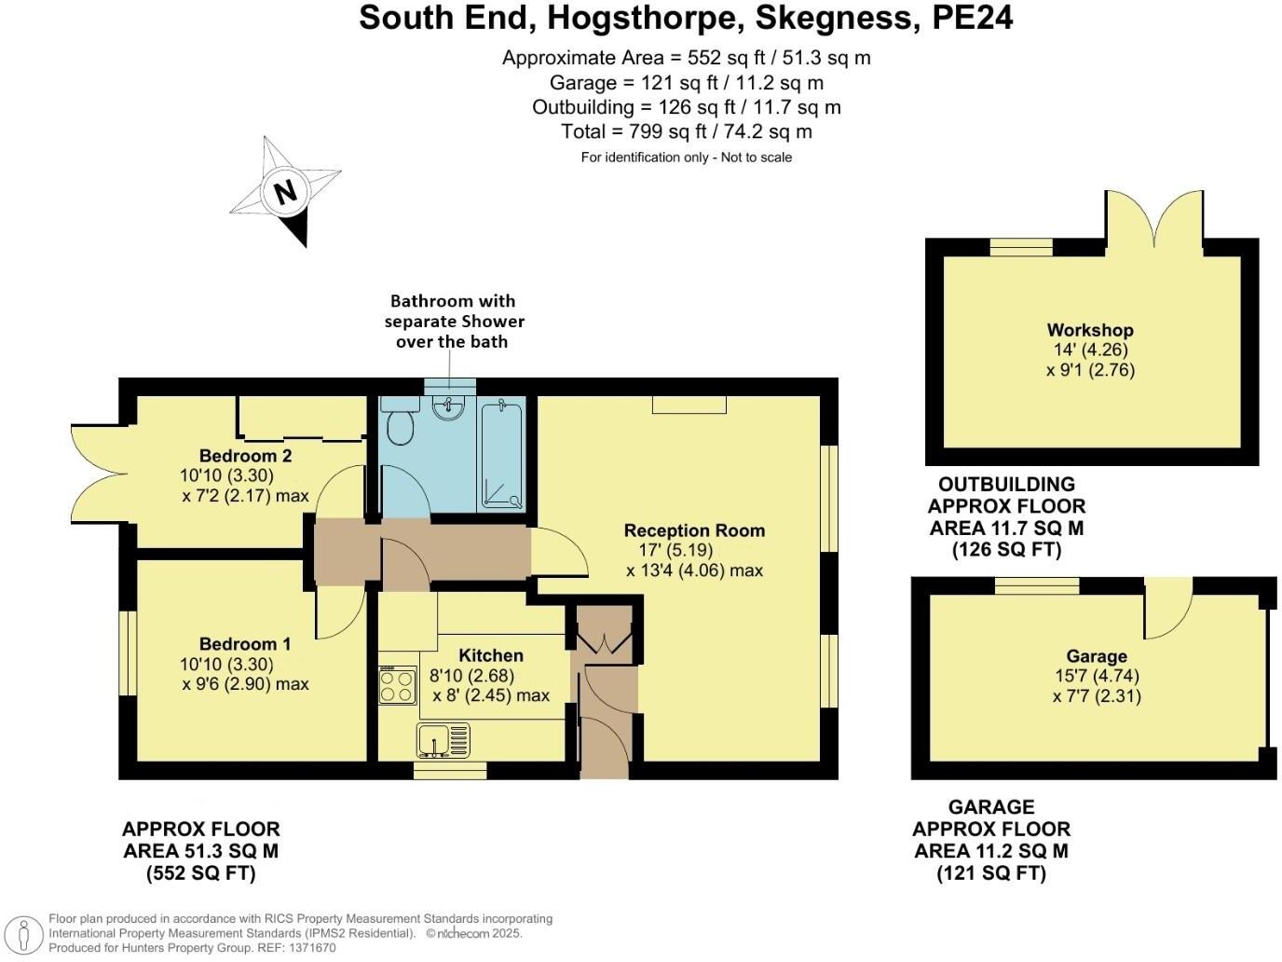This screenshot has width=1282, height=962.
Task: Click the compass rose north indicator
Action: point(285,191)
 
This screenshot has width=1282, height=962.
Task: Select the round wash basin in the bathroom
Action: point(450,407)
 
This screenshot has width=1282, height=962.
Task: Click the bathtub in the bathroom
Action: point(502,454)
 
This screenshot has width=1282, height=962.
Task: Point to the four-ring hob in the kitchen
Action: point(398,686)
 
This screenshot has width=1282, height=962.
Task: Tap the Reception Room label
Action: point(694,530)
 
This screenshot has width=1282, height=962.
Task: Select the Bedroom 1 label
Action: point(245,644)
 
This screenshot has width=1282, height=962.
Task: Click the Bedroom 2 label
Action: point(245,456)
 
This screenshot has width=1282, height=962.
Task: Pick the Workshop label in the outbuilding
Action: point(1089,330)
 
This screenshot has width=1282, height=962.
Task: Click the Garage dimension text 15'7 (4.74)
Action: point(1097,676)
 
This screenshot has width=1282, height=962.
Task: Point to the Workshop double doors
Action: point(1154,218)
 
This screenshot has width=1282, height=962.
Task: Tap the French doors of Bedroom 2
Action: point(96,473)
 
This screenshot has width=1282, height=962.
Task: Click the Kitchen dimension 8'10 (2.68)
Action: point(471,676)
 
